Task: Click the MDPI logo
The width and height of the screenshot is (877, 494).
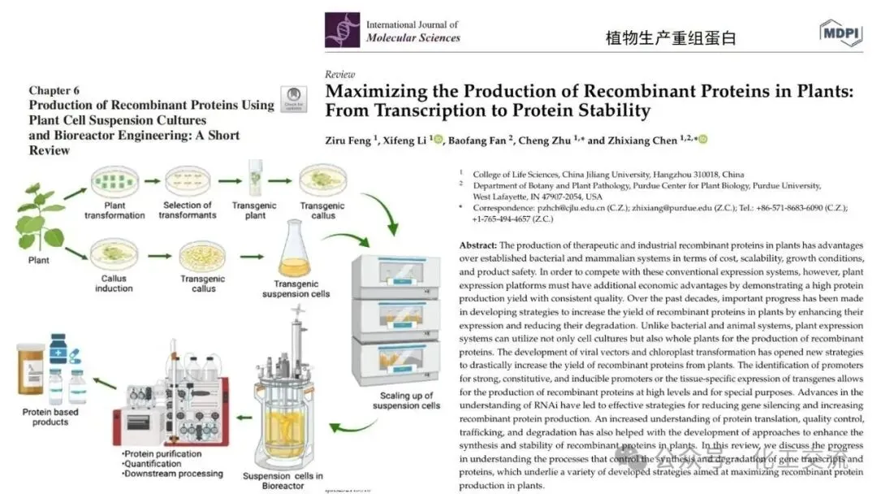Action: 840,32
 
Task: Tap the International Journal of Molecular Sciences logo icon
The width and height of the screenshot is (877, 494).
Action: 342,30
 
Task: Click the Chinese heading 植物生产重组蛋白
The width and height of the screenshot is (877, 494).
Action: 671,38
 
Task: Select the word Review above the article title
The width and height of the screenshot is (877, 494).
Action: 339,74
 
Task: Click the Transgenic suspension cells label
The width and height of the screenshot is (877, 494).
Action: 295,288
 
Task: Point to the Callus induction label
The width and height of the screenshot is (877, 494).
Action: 114,283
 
